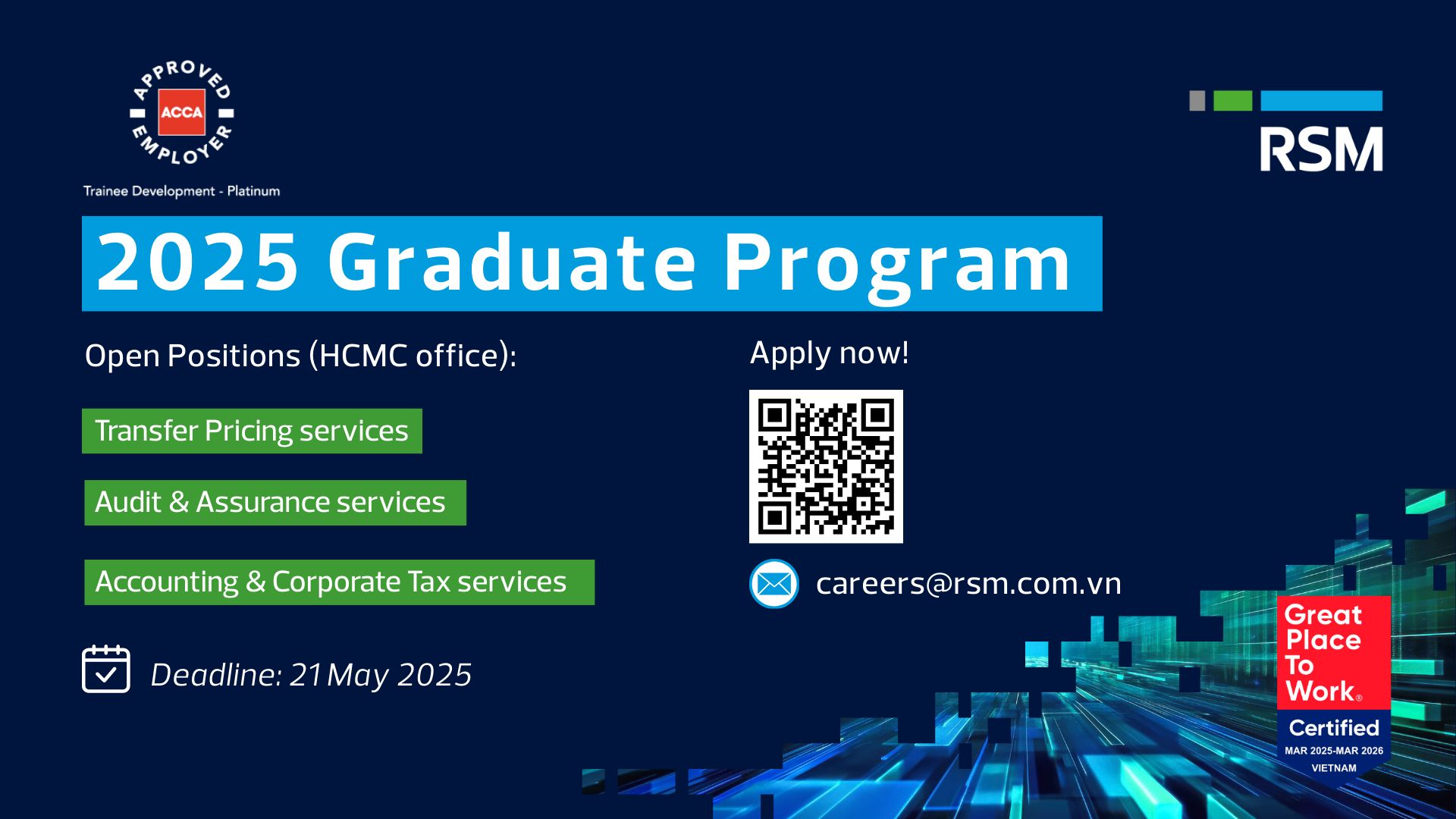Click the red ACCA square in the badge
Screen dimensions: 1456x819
182,112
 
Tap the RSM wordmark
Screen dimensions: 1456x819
1321,149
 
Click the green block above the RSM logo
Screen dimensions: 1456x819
1233,101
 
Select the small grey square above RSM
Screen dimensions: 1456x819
1197,101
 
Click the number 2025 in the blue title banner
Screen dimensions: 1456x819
198,262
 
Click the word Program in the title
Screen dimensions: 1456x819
897,265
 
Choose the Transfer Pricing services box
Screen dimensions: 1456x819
252,431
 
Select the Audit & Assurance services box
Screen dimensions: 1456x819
275,502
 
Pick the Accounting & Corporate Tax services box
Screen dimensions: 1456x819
339,582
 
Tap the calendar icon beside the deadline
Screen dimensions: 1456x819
106,669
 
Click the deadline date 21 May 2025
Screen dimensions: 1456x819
381,675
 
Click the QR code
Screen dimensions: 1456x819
826,466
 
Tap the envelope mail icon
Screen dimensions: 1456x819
774,584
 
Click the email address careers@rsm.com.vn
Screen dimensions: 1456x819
968,583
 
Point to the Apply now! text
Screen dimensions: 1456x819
829,353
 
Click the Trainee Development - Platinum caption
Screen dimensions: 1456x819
181,191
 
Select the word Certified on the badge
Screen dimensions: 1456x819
1334,728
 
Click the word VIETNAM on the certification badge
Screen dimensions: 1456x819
1334,768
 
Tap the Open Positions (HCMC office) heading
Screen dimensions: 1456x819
300,356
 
